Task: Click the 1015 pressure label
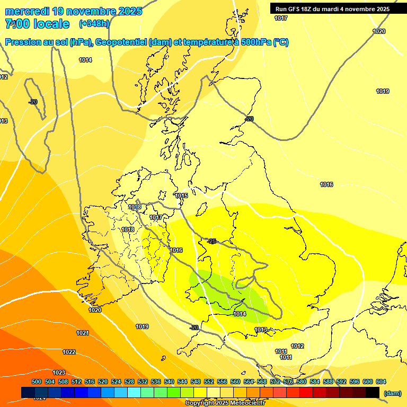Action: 182,196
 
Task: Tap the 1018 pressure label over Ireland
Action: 128,229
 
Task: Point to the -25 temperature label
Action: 211,241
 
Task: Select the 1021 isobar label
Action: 83,333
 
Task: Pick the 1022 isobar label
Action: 69,352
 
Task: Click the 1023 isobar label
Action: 59,373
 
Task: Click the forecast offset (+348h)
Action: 94,23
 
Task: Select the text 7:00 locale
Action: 37,24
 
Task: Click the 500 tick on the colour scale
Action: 37,382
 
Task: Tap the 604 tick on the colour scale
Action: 381,382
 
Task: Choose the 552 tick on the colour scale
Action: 209,382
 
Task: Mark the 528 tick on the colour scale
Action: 129,382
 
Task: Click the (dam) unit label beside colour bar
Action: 392,393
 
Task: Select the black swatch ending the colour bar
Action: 373,392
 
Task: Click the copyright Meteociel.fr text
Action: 225,403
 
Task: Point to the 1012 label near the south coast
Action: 297,346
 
